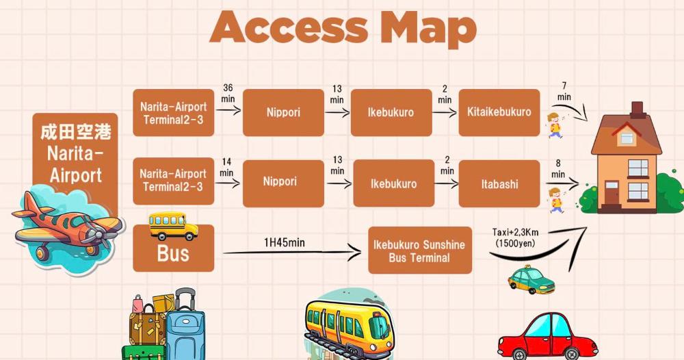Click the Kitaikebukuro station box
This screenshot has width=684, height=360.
499,112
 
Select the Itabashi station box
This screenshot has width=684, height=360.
499,183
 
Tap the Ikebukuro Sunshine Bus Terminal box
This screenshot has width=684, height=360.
419,251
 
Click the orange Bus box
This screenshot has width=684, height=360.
173,254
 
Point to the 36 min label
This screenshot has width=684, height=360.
228,94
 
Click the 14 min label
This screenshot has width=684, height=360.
226,168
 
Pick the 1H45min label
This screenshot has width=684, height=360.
285,243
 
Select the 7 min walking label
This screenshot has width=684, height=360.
564,91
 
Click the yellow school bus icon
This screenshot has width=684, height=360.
173,225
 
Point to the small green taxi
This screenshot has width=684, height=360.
531,280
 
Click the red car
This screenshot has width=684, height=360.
547,337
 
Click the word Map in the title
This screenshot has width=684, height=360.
428,27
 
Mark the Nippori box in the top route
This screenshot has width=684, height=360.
282,112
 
